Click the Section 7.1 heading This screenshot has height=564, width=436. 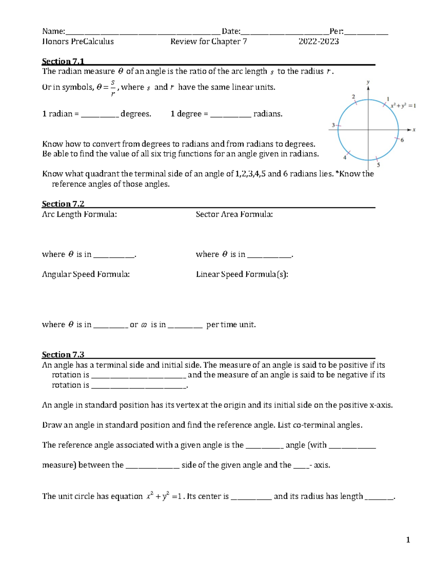(63, 61)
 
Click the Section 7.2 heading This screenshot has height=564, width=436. (63, 204)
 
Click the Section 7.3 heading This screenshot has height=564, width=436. (63, 354)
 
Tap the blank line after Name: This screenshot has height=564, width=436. (143, 32)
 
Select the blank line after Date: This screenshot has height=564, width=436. (285, 32)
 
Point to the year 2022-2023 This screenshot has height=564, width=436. (319, 41)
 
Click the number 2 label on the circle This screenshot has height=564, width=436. (353, 97)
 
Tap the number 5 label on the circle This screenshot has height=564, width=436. (378, 165)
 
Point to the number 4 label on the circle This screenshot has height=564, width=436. (345, 158)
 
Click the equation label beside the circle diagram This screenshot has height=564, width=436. (403, 106)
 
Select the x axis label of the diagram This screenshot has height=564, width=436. (414, 130)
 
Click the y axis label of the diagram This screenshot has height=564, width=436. (368, 82)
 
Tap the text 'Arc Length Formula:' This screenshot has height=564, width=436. (80, 214)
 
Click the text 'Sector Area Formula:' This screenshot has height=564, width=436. (234, 214)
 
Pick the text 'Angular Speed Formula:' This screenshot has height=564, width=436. (86, 274)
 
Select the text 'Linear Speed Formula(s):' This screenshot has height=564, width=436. (242, 274)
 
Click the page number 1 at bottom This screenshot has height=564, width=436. (408, 540)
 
